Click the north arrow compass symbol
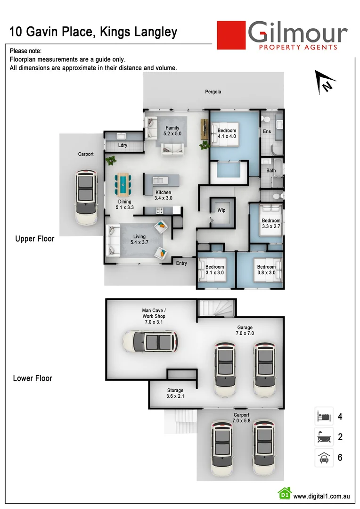point(324,81)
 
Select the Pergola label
point(213,91)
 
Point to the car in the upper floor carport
point(86,197)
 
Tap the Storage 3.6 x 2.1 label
point(175,394)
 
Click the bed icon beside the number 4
point(324,416)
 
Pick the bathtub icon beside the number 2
point(324,437)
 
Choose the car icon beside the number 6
point(324,457)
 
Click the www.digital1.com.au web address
point(321,496)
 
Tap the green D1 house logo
point(284,493)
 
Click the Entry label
point(181,263)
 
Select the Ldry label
point(123,145)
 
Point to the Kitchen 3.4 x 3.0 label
point(163,195)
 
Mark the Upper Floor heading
point(35,238)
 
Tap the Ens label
point(267,131)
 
